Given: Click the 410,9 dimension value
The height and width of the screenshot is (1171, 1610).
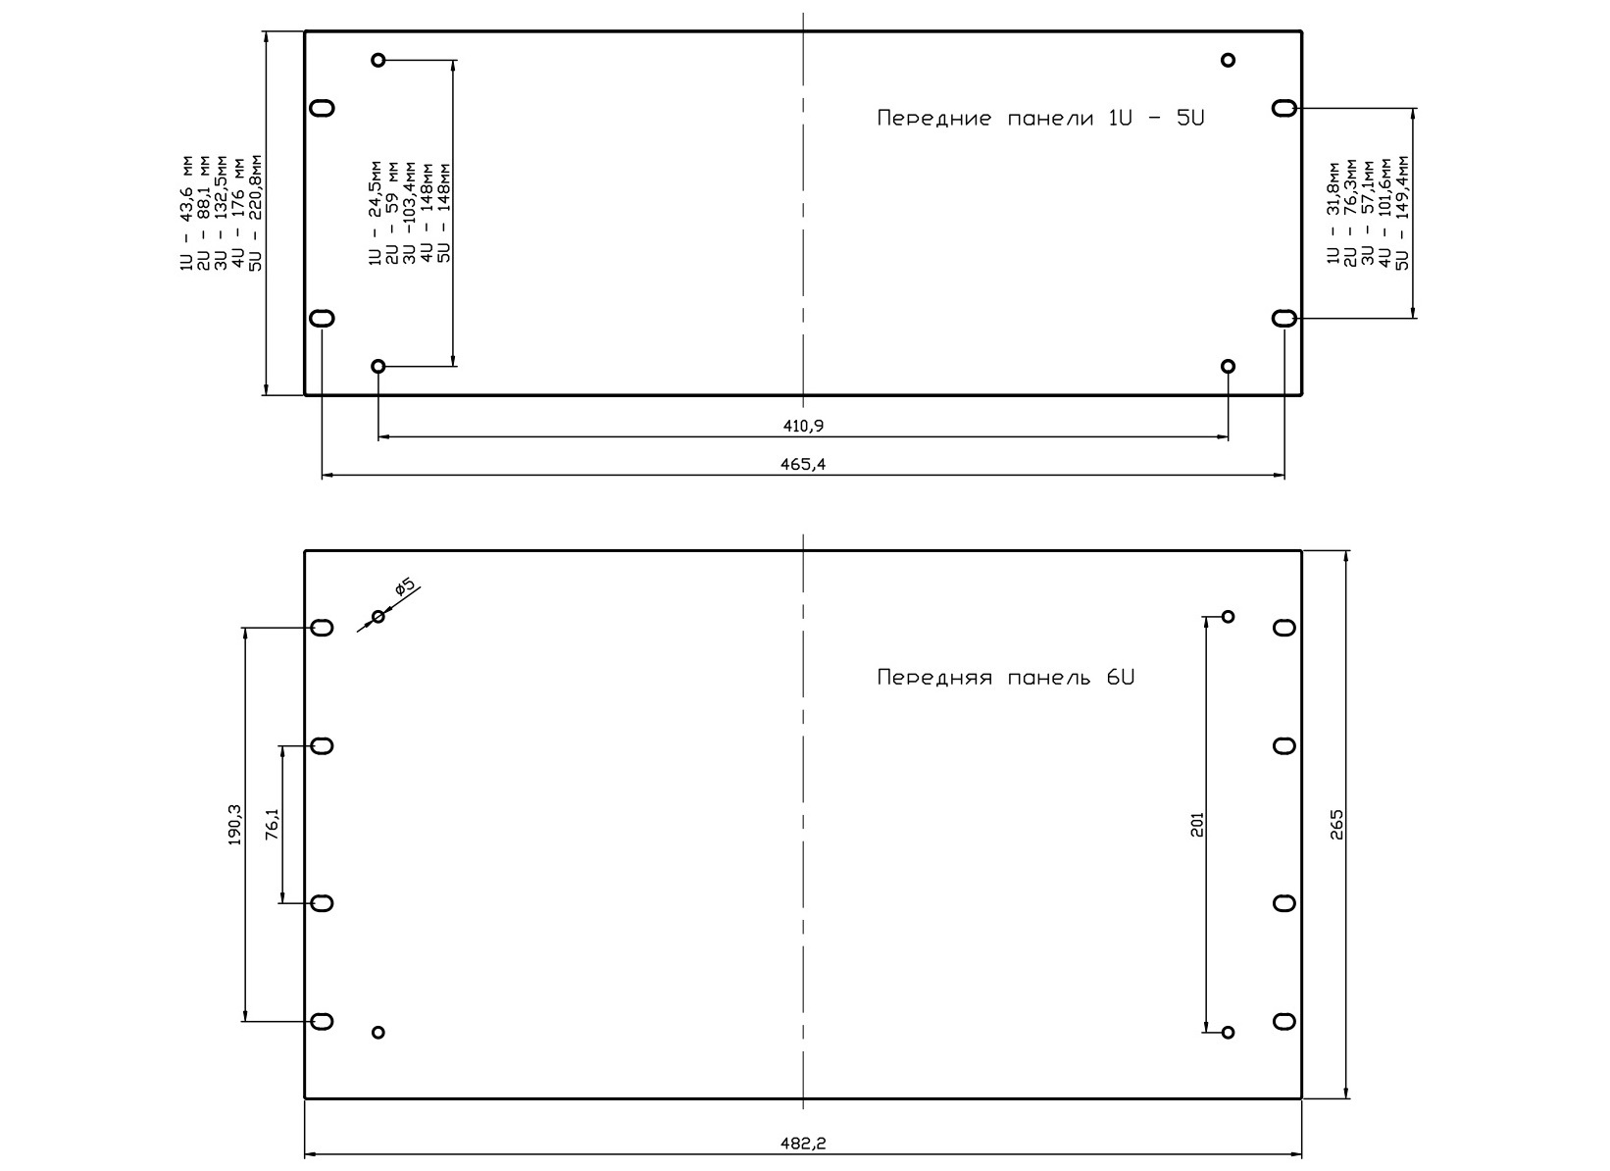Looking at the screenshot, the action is [x=803, y=427].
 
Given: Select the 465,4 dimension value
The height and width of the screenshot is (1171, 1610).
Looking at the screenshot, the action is [x=803, y=464].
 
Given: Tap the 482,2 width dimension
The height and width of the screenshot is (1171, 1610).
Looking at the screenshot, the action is [x=803, y=1143].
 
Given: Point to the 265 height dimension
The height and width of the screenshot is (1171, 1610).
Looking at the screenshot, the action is [x=1336, y=825].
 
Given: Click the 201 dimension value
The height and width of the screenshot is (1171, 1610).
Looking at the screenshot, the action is [x=1197, y=825].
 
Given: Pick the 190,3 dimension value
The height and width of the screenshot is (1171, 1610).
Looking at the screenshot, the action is [x=235, y=825].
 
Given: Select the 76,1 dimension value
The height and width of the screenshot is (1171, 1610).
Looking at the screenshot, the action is [x=272, y=824].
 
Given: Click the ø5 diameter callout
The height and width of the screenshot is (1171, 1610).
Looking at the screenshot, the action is [x=405, y=587].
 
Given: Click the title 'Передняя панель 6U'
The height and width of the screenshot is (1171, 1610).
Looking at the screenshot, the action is [x=1006, y=677].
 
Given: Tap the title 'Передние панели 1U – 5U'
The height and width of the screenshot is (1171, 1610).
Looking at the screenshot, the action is [x=1040, y=118].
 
